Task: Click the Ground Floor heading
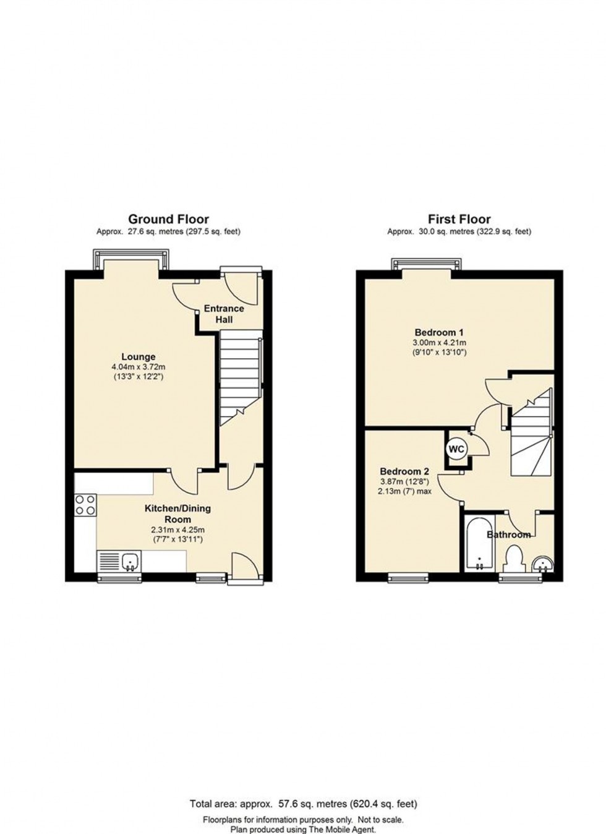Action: pos(168,219)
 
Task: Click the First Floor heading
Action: pos(459,219)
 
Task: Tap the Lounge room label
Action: pos(138,356)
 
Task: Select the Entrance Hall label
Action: pos(224,314)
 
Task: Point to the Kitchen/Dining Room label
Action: pos(177,514)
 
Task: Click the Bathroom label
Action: pos(508,535)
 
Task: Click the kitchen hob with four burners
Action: pos(85,504)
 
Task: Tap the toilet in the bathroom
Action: pos(513,559)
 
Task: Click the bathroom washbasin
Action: pos(542,564)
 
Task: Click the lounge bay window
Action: pos(130,259)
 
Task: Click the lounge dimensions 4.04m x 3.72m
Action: pos(138,366)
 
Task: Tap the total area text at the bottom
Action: pos(303,804)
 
